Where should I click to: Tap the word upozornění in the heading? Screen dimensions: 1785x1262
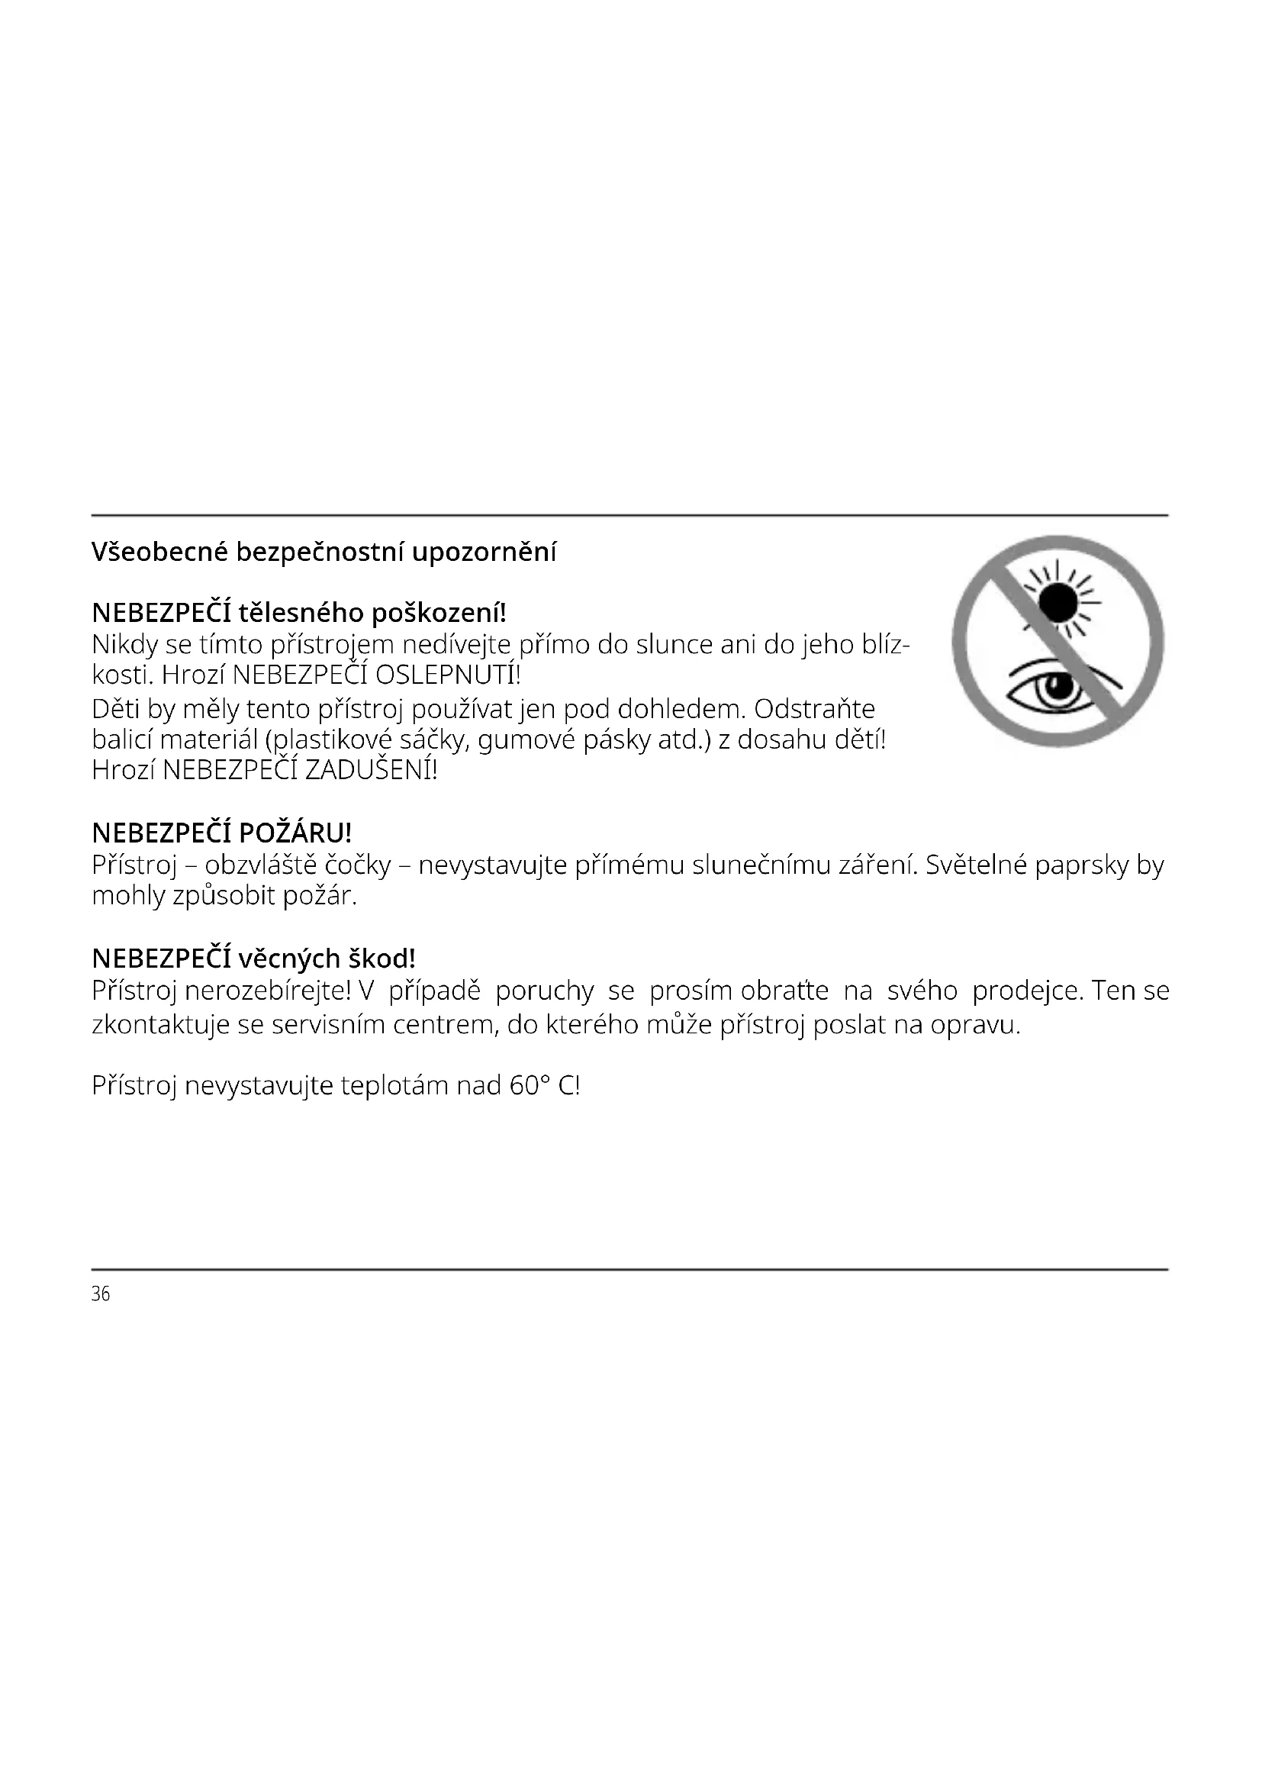tap(485, 553)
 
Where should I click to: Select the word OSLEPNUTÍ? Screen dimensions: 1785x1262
tap(448, 674)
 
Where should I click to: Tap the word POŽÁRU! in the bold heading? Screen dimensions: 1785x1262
tap(295, 833)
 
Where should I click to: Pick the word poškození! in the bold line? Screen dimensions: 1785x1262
tap(438, 614)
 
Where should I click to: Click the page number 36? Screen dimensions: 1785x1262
tap(101, 1294)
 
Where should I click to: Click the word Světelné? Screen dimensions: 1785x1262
tap(975, 865)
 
